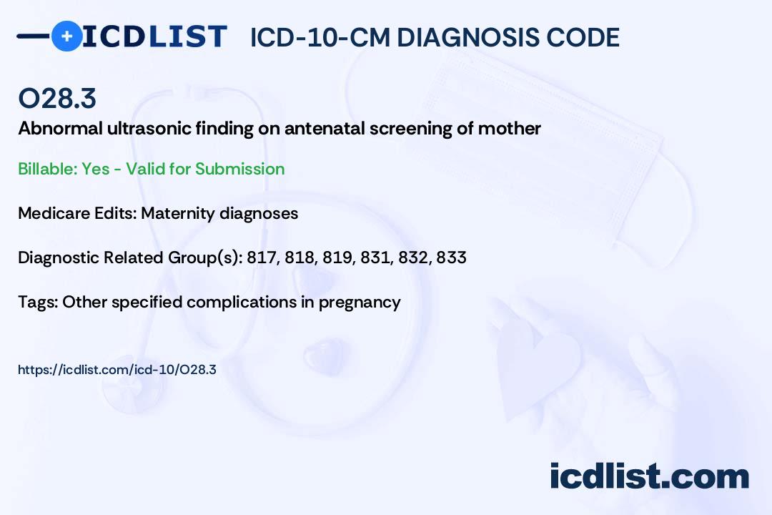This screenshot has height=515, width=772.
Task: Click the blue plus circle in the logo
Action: pos(67,36)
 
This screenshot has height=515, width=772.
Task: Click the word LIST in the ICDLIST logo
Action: pos(187,36)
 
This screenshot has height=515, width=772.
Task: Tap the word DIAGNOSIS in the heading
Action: pos(467,37)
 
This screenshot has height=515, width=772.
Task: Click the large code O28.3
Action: pos(57,98)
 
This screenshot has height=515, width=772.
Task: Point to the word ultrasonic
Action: pos(149,129)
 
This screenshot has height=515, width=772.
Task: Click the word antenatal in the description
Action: pos(325,129)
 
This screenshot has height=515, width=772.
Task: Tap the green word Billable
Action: pos(47,169)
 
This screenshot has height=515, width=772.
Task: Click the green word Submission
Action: pos(239,169)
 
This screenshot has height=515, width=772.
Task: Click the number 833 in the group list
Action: pos(451,257)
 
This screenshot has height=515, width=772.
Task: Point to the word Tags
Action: pos(38,302)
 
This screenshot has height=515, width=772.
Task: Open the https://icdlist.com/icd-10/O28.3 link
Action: pos(117,370)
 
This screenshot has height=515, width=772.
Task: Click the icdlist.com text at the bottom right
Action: pos(649,476)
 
